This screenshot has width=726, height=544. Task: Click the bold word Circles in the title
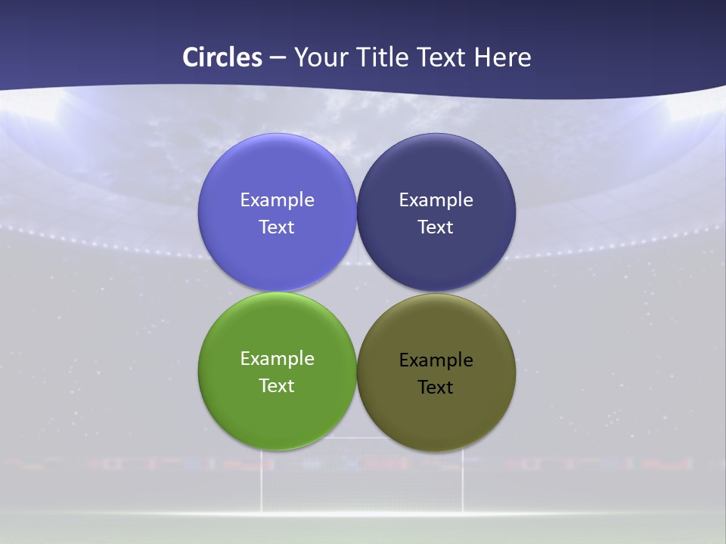pyautogui.click(x=222, y=57)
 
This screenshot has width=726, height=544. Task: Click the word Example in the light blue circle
pyautogui.click(x=277, y=200)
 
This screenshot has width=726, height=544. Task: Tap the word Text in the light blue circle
pyautogui.click(x=277, y=227)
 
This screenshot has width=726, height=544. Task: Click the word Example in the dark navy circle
pyautogui.click(x=436, y=200)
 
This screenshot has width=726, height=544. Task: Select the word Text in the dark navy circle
pyautogui.click(x=436, y=227)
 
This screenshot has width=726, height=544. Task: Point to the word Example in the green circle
pyautogui.click(x=277, y=359)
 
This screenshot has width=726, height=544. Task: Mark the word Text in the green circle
pyautogui.click(x=277, y=386)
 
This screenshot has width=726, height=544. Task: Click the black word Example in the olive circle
pyautogui.click(x=436, y=360)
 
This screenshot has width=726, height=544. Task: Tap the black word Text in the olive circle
pyautogui.click(x=436, y=388)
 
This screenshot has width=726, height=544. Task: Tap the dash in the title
pyautogui.click(x=278, y=58)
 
